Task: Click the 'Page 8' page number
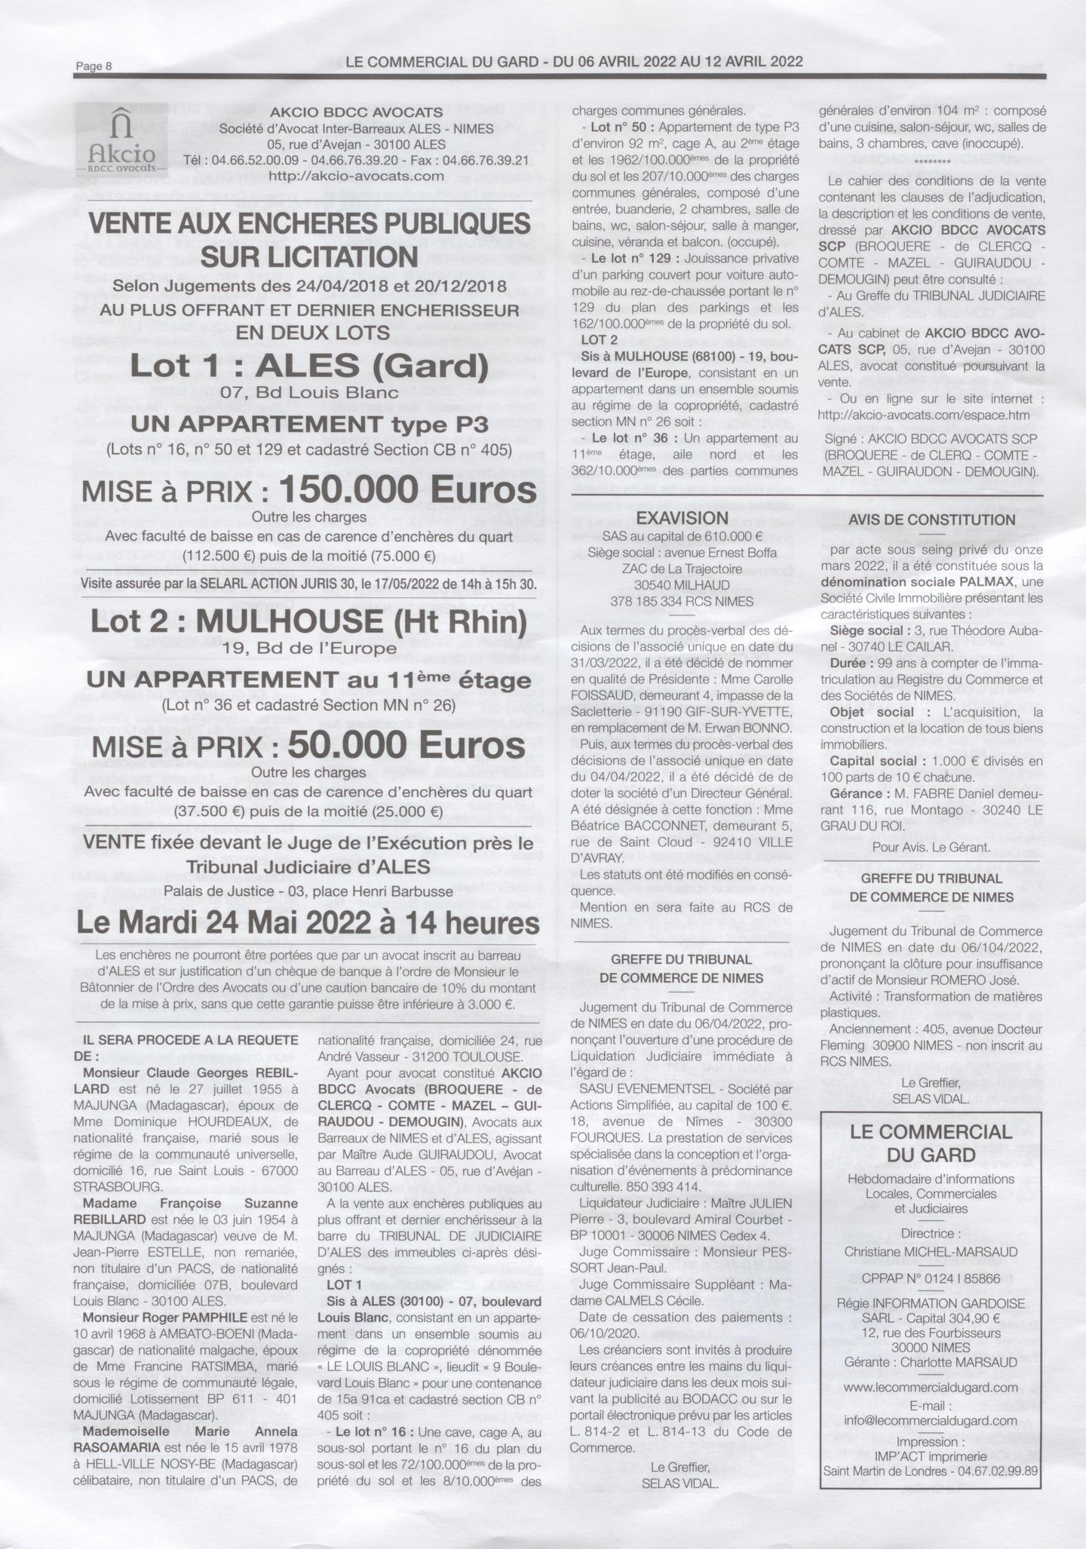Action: [x=94, y=66]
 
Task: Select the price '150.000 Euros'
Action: [x=407, y=491]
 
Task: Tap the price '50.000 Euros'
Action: [x=406, y=747]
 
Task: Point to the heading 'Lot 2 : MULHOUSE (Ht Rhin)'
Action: [x=309, y=622]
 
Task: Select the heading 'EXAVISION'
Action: [x=682, y=518]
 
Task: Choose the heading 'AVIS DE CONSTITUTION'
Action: [x=931, y=520]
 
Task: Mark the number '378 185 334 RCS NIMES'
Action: [x=682, y=601]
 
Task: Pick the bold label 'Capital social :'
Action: [x=873, y=762]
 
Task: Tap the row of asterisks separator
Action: [x=931, y=161]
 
